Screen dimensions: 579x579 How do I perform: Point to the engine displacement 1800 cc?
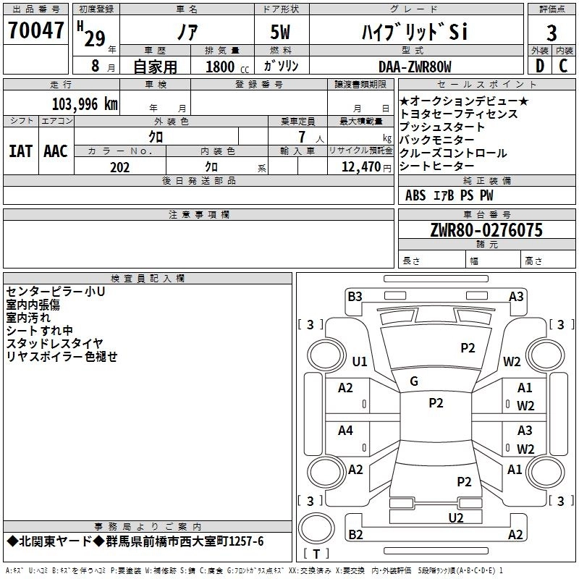point(224,67)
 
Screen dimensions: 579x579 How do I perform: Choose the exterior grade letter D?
point(539,67)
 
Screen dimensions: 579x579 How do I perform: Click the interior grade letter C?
point(563,67)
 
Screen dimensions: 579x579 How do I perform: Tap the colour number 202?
point(119,167)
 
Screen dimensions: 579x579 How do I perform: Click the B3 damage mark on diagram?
point(355,296)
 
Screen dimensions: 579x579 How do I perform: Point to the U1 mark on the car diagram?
point(360,361)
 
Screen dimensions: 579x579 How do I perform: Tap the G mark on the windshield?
point(414,381)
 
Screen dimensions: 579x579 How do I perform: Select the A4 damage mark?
point(345,431)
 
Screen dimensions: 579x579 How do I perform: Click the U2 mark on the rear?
point(455,517)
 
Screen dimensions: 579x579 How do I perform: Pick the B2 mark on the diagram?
point(355,535)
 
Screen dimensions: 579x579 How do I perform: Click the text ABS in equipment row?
point(415,195)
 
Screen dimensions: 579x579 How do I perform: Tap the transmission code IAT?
point(20,151)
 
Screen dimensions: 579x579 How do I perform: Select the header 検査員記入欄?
point(148,279)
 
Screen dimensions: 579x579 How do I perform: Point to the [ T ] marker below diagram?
point(316,554)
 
